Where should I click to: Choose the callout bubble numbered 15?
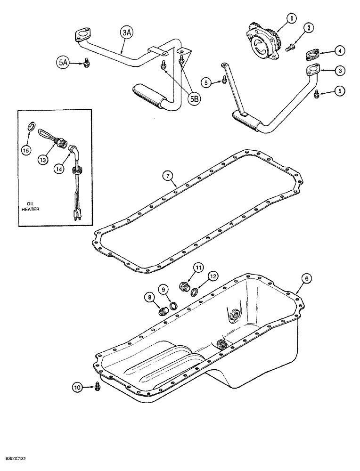pos(28,151)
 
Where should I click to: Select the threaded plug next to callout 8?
pos(164,312)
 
